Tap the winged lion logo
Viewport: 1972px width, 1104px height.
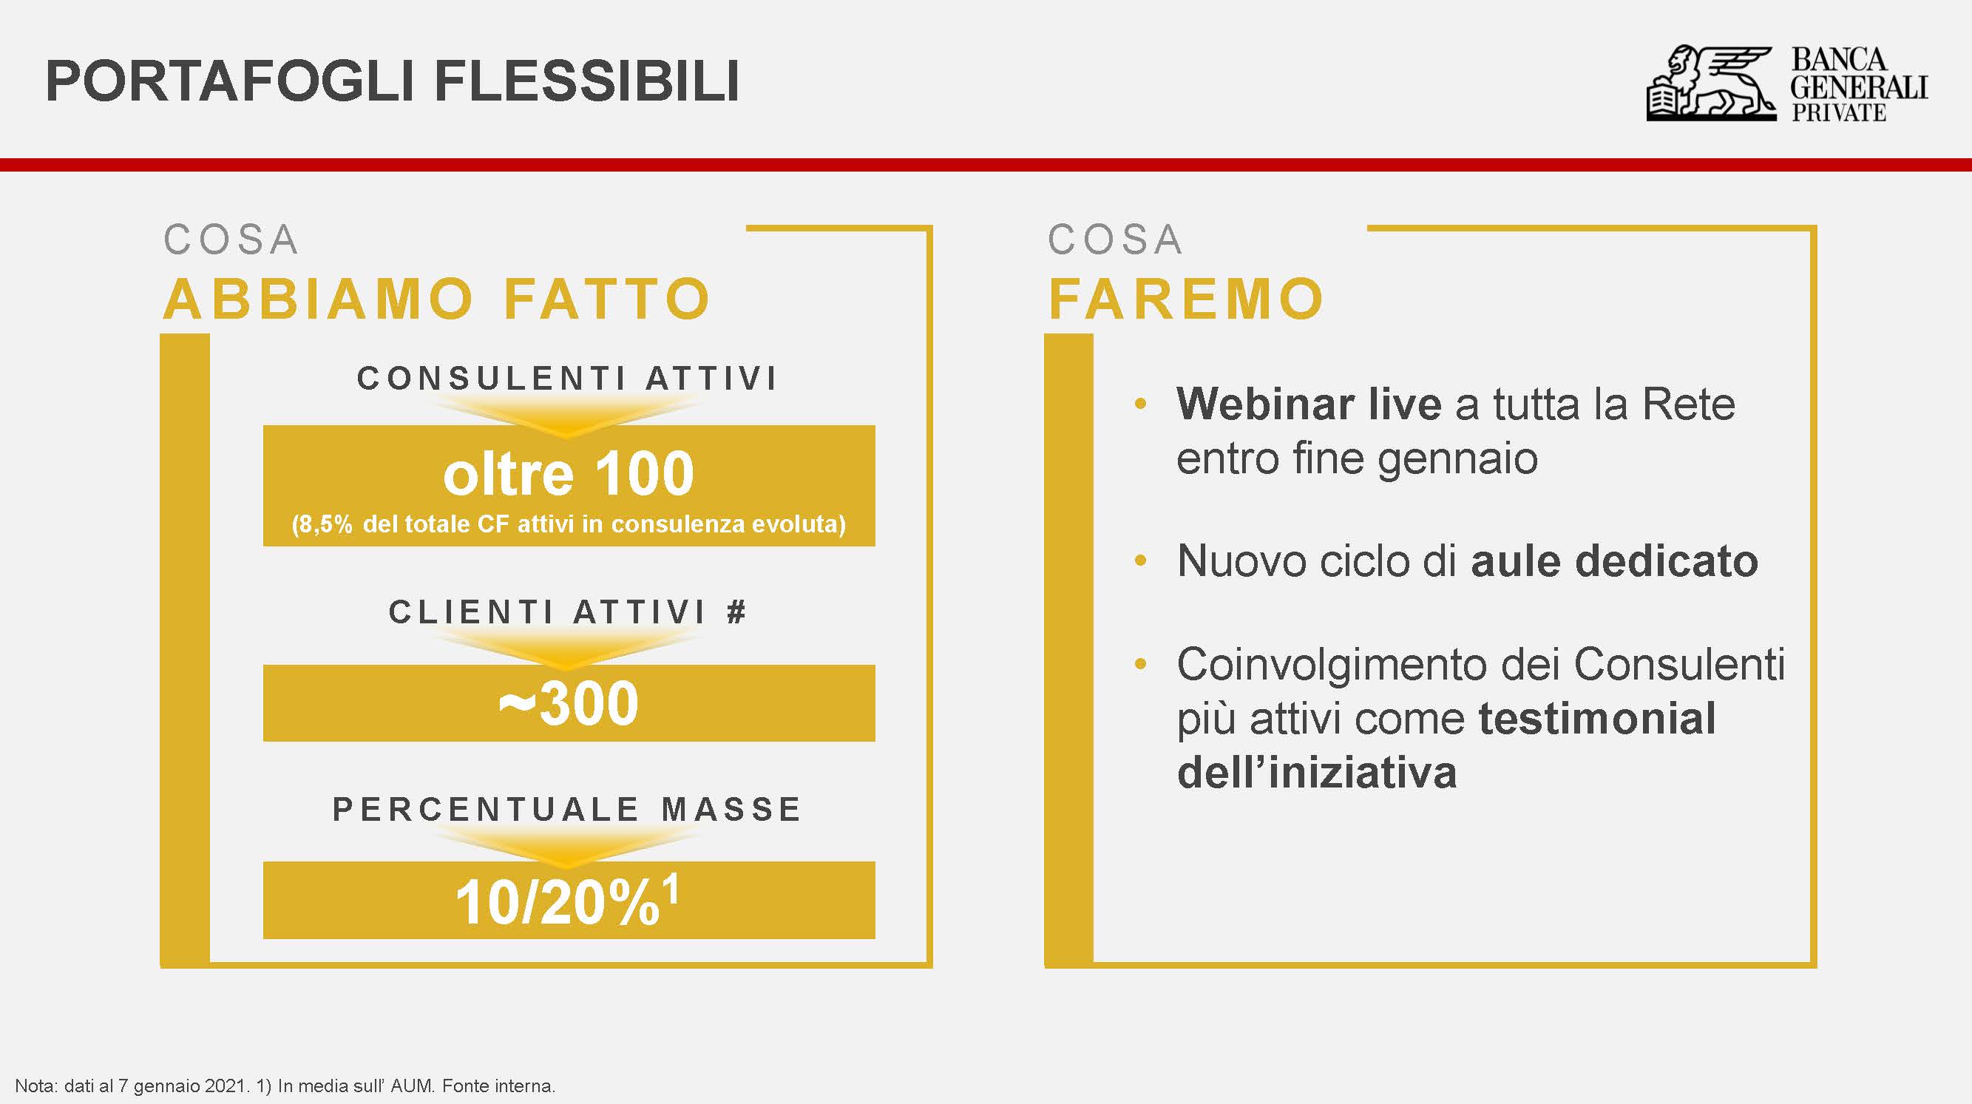point(1711,84)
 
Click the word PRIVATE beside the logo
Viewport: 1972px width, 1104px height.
point(1838,112)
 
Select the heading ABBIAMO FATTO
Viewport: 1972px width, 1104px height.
point(437,299)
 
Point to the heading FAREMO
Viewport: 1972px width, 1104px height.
point(1186,299)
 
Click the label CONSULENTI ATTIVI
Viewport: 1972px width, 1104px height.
point(567,378)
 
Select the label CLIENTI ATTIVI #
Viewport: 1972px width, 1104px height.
point(567,612)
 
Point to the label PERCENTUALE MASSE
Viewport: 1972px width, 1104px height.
point(567,809)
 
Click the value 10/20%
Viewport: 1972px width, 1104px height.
point(558,902)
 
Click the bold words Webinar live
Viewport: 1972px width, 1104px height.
point(1309,404)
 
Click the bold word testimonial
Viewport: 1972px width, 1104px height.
point(1598,719)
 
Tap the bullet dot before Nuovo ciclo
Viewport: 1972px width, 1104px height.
point(1141,561)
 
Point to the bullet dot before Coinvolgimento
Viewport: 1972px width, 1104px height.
point(1141,664)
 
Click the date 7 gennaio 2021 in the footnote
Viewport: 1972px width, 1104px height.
point(183,1086)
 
